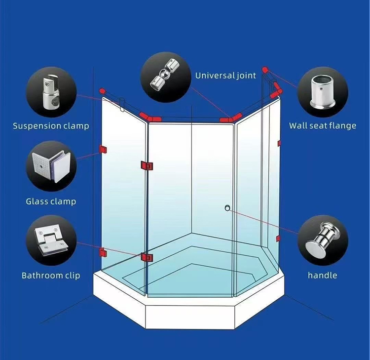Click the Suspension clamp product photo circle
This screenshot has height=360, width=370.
click(51, 91)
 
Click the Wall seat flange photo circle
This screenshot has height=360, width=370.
click(323, 91)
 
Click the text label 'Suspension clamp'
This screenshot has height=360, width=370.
click(51, 126)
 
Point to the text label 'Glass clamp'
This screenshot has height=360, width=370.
click(51, 201)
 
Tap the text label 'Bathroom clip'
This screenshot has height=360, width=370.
click(51, 276)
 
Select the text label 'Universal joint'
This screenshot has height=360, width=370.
click(225, 76)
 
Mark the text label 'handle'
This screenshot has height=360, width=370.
click(323, 276)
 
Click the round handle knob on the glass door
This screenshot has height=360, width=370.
click(227, 208)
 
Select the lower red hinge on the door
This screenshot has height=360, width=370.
click(147, 257)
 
